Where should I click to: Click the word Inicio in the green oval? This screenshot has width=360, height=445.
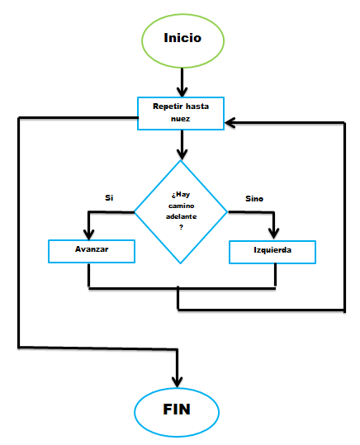pos(182,38)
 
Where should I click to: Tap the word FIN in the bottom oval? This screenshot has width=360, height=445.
pos(177,409)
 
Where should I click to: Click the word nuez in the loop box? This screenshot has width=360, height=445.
pos(181,119)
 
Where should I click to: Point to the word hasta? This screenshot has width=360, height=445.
pos(197,107)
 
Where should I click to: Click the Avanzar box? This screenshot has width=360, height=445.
pos(92,252)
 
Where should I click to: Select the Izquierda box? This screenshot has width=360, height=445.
pos(272,253)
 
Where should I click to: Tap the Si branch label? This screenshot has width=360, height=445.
pos(109,197)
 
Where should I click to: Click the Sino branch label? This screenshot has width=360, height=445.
pos(254,199)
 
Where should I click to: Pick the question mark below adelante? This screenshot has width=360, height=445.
pos(181,227)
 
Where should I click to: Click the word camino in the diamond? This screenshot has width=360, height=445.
pos(181,206)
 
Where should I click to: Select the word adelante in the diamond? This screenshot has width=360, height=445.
pos(181,216)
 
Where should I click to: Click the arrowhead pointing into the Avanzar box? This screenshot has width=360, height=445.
pos(89,235)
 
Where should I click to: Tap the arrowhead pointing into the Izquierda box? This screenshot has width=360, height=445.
pos(273,234)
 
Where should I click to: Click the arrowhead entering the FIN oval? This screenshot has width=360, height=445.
pos(178,382)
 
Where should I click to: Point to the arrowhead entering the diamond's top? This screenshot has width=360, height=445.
pos(182,154)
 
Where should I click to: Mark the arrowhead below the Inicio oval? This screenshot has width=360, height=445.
pos(182,92)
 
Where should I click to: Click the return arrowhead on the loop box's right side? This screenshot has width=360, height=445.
pos(230,123)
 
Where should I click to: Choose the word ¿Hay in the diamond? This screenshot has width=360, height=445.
pos(181,195)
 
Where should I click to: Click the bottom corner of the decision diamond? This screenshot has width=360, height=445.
pos(181,263)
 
